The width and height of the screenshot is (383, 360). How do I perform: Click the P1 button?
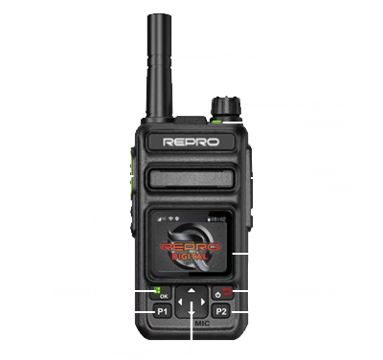click(x=161, y=311)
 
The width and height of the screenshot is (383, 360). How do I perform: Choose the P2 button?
click(x=221, y=311)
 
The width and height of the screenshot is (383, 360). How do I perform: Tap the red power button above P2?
click(x=221, y=292)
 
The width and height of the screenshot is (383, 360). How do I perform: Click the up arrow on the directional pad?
click(x=191, y=288)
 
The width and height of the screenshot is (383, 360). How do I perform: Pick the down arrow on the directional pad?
click(x=191, y=323)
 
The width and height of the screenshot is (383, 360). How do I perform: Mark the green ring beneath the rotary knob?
click(x=220, y=118)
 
